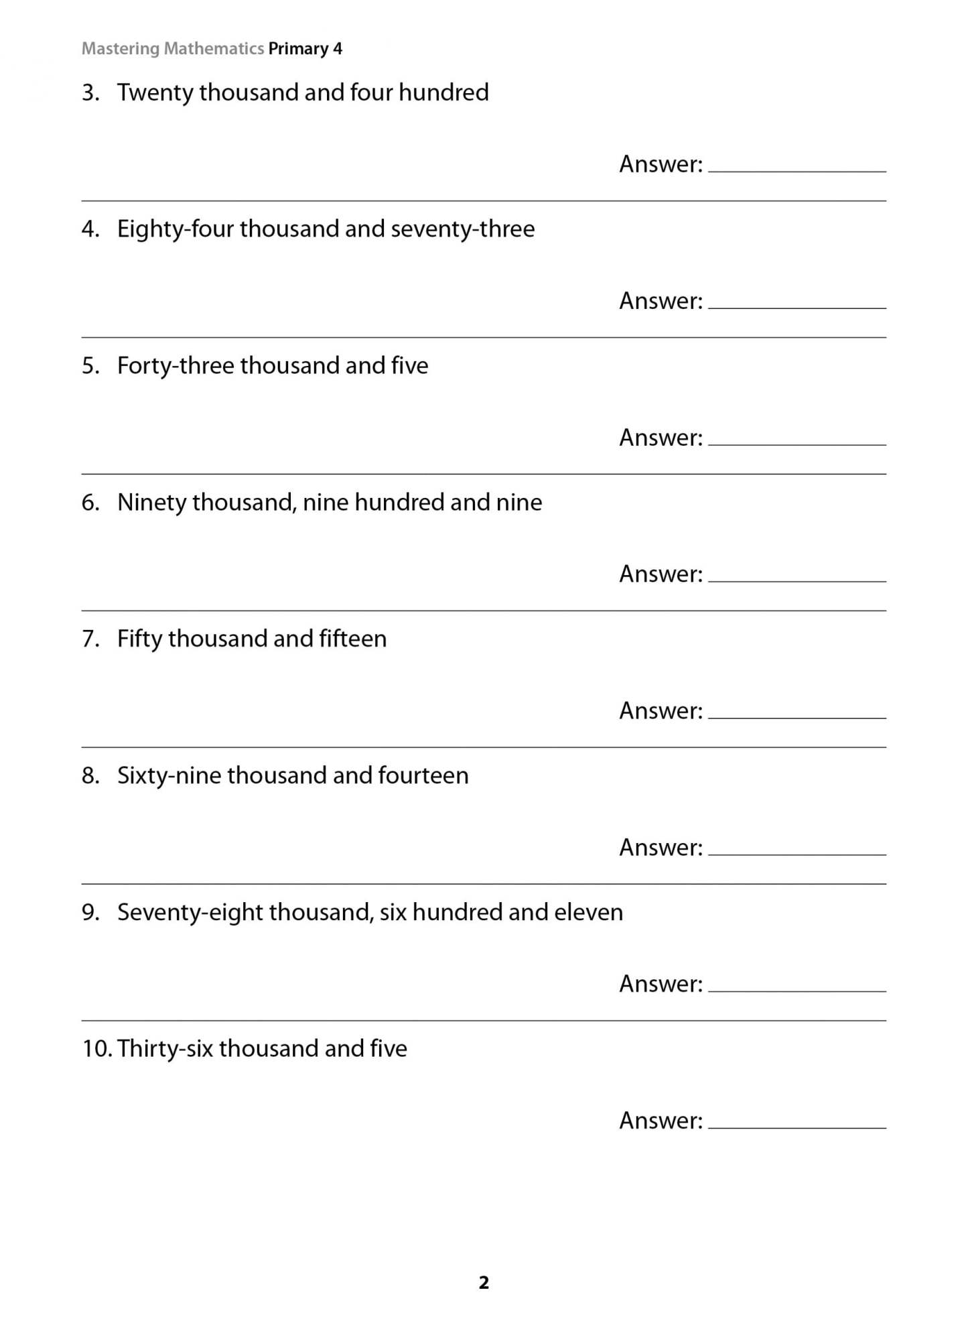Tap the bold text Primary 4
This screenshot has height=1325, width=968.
point(305,49)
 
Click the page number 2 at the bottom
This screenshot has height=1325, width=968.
point(484,1283)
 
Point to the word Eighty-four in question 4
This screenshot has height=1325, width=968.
point(175,229)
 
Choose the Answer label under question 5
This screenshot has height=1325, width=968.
point(661,438)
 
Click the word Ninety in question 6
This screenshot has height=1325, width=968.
point(151,503)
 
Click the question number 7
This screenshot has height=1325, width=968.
point(90,639)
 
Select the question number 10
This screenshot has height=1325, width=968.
point(96,1049)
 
